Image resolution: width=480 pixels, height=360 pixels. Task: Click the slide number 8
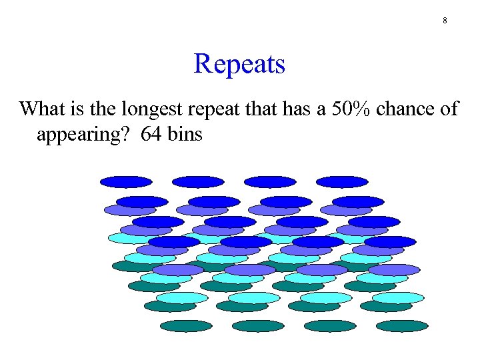pyautogui.click(x=445, y=21)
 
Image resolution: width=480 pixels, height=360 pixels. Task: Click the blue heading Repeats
pyautogui.click(x=239, y=65)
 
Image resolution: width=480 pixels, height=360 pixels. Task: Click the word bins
pyautogui.click(x=185, y=135)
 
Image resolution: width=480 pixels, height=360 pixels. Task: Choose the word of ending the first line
pyautogui.click(x=449, y=109)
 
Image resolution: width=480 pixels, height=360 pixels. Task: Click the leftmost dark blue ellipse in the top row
pyautogui.click(x=126, y=181)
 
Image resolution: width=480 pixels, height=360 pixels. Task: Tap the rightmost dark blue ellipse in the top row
pyautogui.click(x=342, y=181)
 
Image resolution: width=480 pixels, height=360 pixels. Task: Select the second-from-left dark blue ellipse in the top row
pyautogui.click(x=198, y=181)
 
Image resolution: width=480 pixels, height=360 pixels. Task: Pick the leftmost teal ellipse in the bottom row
pyautogui.click(x=186, y=326)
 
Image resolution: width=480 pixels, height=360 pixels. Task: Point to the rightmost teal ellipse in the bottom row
pyautogui.click(x=402, y=326)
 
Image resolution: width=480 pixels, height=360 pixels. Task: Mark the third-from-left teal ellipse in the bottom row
pyautogui.click(x=330, y=326)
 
